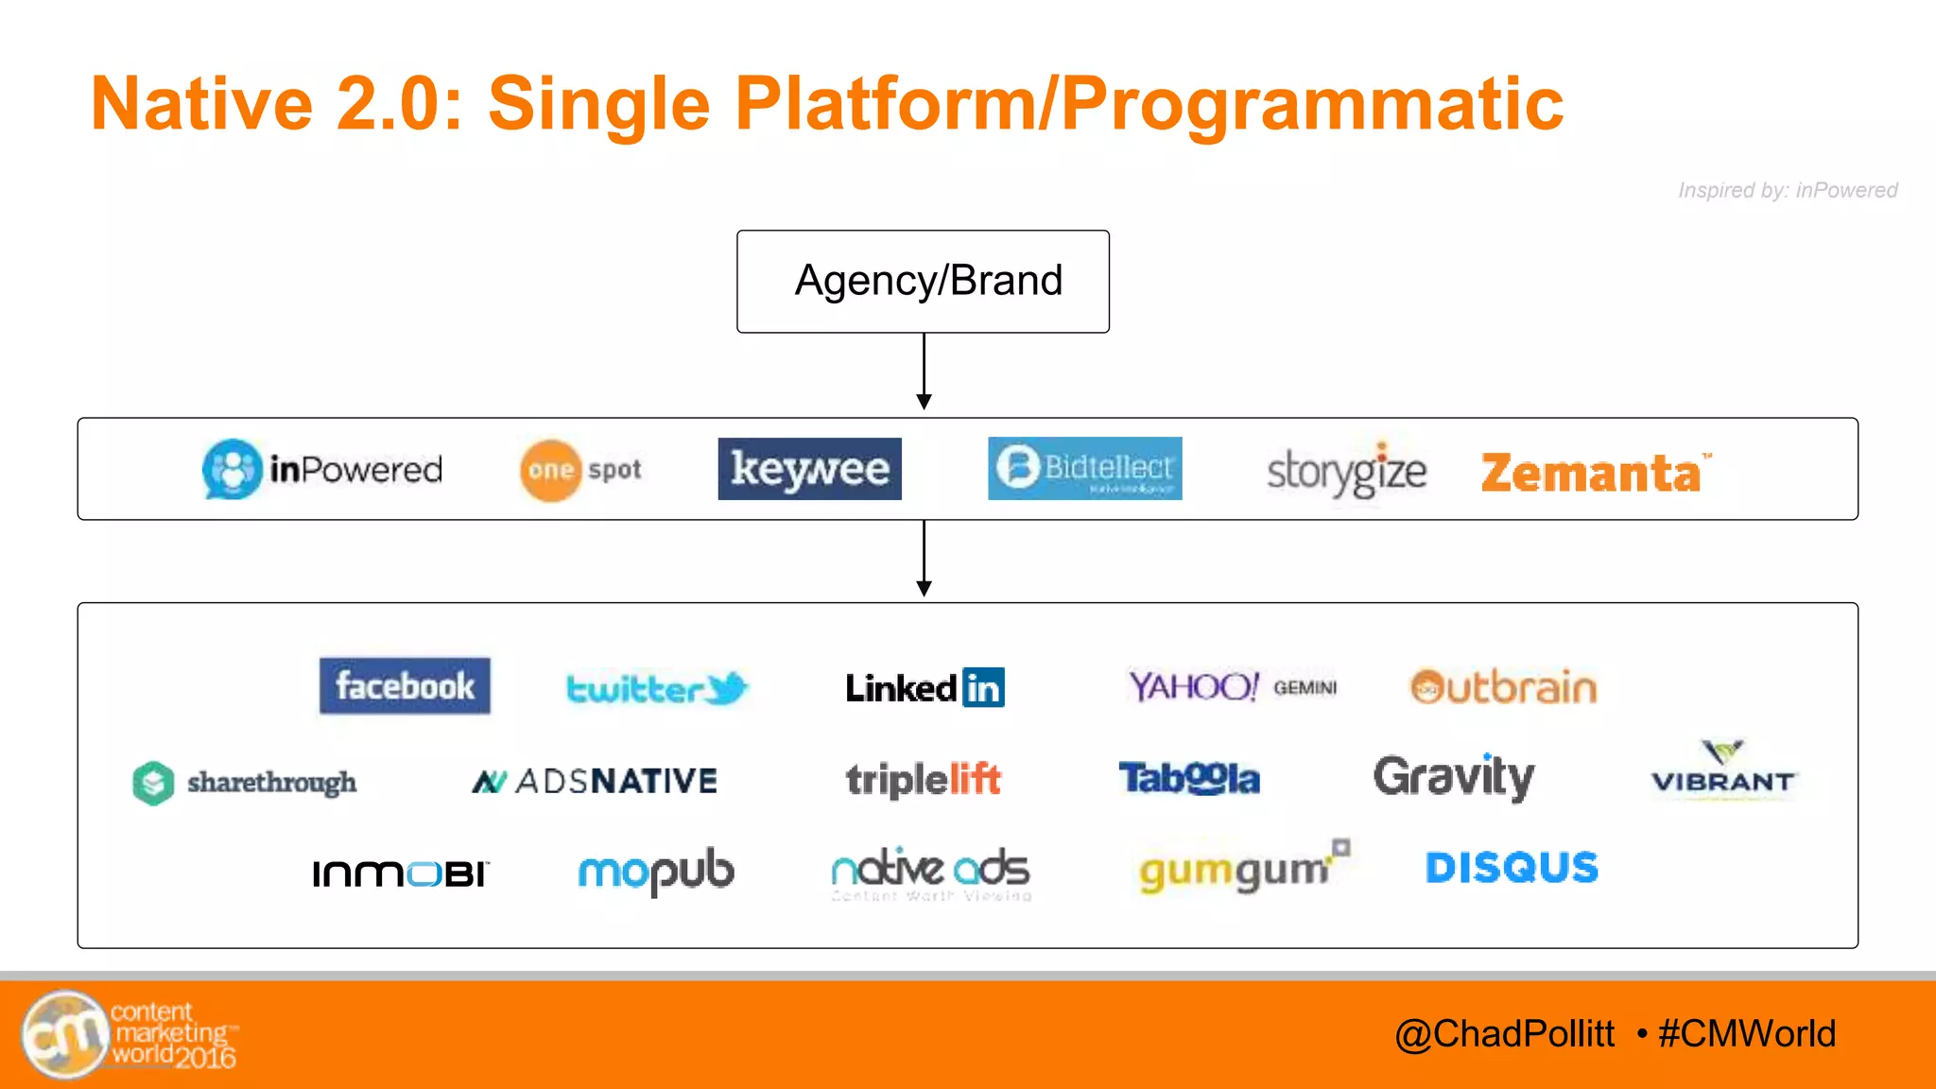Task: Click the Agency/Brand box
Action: click(x=923, y=281)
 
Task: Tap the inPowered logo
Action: click(x=322, y=469)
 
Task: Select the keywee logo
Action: click(x=809, y=469)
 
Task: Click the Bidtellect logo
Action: click(x=1084, y=468)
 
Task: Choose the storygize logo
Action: click(x=1346, y=471)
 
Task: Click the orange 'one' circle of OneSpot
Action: click(x=550, y=470)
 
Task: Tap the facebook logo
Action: click(x=405, y=685)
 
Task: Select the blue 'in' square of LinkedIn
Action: click(x=983, y=687)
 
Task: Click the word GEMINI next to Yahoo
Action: click(x=1305, y=688)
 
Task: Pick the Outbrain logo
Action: click(x=1503, y=687)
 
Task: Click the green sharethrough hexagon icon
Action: click(x=153, y=783)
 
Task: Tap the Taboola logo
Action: click(x=1189, y=779)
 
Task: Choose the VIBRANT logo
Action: click(x=1722, y=770)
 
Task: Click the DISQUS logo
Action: click(x=1512, y=867)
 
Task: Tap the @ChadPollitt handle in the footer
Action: click(x=1504, y=1033)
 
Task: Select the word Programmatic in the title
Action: click(x=1312, y=104)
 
